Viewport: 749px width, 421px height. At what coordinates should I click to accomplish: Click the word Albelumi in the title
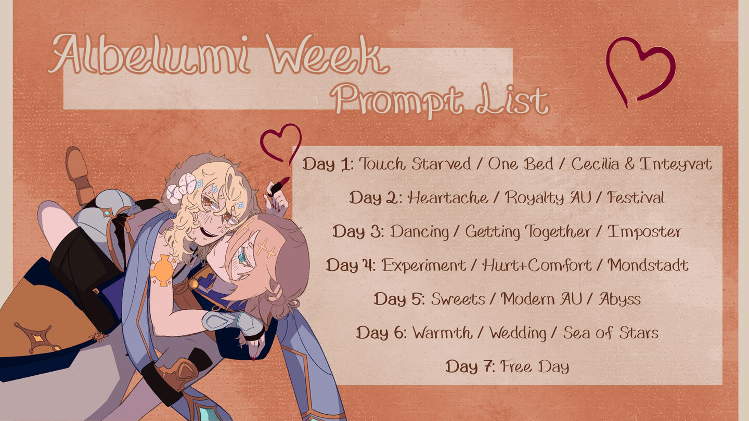pos(150,54)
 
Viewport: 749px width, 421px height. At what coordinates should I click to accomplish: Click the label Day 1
pos(328,164)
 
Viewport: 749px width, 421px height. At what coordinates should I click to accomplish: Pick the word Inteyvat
pos(676,164)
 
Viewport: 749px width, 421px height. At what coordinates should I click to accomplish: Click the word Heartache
pos(448,198)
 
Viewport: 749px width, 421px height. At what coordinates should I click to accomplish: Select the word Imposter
pos(644,232)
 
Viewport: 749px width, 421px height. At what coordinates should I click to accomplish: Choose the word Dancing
pos(419,232)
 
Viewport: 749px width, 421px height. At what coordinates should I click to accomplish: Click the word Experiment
pos(423,266)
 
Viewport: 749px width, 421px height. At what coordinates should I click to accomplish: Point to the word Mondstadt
pos(648,265)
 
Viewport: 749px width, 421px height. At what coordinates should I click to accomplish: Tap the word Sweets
pos(458,299)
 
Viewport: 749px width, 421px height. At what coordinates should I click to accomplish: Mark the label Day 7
pos(470,366)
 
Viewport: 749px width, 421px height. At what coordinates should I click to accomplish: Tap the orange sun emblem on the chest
pos(162,270)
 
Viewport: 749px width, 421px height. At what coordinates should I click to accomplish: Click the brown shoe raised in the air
pos(79,174)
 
